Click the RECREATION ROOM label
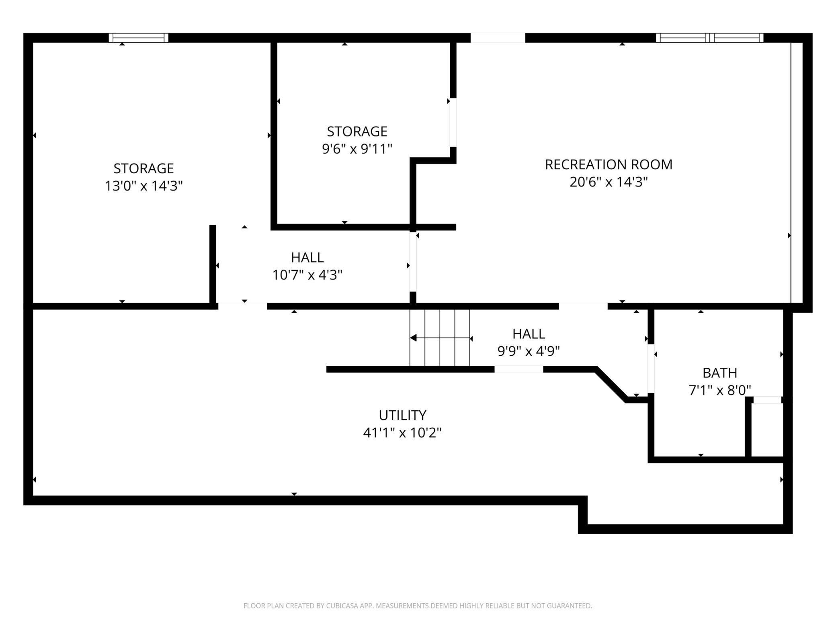click(609, 164)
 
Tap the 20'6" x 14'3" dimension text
click(609, 182)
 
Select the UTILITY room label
click(402, 415)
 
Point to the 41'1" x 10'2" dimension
click(402, 432)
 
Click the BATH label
click(720, 373)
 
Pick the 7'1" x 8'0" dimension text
click(720, 390)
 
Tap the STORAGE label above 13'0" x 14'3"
click(143, 168)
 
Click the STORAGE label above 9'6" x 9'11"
click(357, 131)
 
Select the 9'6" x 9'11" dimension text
click(357, 149)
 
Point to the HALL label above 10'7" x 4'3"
click(307, 257)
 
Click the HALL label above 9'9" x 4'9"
click(529, 334)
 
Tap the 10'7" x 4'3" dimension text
click(307, 275)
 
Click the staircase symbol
click(440, 338)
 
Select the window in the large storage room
click(138, 38)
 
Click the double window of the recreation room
click(710, 38)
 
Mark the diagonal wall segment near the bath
click(611, 384)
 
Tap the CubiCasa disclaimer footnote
click(418, 606)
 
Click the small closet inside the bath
click(767, 429)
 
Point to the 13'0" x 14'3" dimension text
click(143, 186)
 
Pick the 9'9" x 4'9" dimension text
click(529, 351)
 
